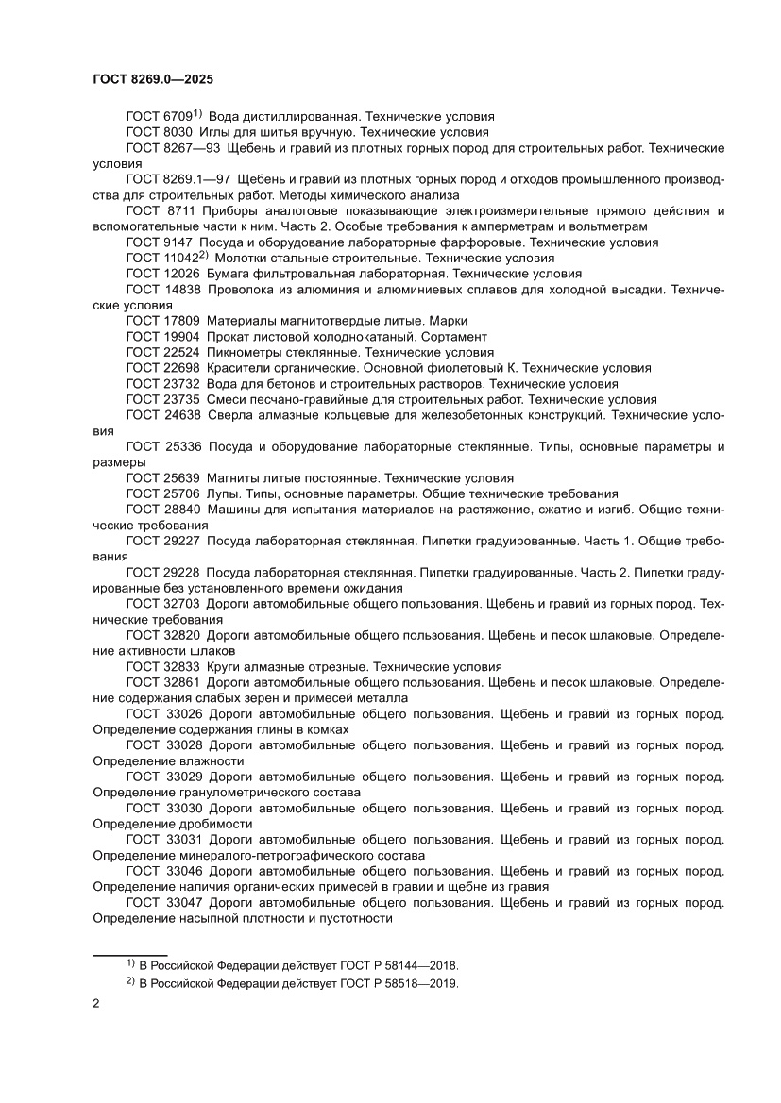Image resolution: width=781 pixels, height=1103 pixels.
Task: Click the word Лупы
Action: (x=223, y=493)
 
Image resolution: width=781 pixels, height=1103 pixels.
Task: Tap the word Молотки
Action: (x=246, y=258)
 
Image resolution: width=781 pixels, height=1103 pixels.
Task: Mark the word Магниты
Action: (x=234, y=477)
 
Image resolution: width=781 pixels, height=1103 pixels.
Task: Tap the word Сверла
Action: (x=229, y=414)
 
